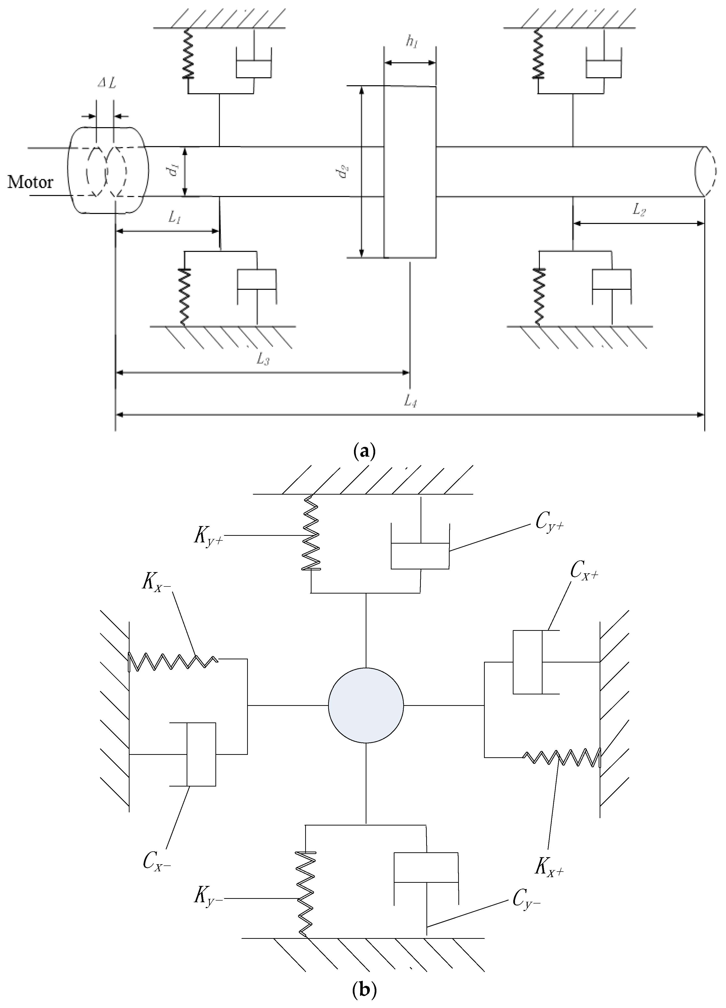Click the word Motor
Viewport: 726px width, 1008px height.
coord(30,182)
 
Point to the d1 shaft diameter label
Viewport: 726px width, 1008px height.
coord(175,171)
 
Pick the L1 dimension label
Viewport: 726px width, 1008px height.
coord(174,218)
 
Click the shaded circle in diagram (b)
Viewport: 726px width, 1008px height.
coord(366,705)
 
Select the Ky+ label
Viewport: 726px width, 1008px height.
coord(208,537)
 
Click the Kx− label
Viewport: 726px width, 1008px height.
coord(157,583)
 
